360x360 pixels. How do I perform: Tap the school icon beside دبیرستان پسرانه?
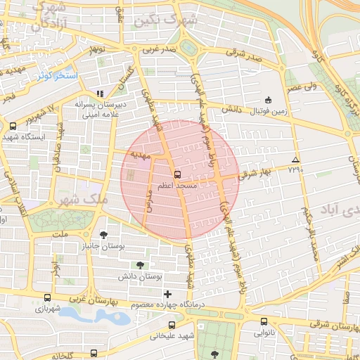pos(100,93)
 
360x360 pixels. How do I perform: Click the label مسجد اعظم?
pos(176,185)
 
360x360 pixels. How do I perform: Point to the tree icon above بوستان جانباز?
pos(104,235)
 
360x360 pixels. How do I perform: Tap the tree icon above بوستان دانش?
pos(141,265)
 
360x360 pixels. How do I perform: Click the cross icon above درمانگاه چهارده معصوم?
pos(167,293)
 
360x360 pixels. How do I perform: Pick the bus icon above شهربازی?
pos(46,297)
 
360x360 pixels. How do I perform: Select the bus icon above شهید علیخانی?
pos(172,325)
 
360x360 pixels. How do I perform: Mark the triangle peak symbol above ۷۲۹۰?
pos(295,160)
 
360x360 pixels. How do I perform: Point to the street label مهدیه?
pos(140,154)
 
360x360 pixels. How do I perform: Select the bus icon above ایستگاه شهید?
pos(13,127)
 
